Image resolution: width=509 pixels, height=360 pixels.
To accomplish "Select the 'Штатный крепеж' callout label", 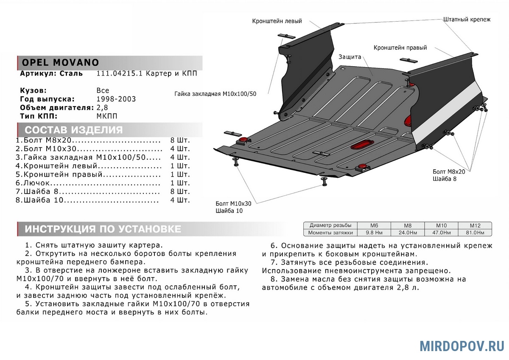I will point(467,20).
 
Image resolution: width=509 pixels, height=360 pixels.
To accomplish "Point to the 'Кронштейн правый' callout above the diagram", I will point(400,48).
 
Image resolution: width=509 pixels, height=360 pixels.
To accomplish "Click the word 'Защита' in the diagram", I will point(350,57).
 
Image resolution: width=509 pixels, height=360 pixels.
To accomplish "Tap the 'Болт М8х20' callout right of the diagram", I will point(449,172).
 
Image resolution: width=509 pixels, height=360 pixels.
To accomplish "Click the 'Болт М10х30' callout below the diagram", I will point(233,203).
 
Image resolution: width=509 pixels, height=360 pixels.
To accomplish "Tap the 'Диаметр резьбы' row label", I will point(330,226).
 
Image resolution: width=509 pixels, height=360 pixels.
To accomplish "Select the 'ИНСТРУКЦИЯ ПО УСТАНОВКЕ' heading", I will point(103,229).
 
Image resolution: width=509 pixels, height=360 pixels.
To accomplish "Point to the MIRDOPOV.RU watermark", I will point(462,346).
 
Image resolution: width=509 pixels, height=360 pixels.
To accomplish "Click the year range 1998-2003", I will point(116,99).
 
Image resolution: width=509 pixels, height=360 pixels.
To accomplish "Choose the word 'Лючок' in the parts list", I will point(37,183).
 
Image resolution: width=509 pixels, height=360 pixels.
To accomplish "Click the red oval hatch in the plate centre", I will point(361,144).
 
